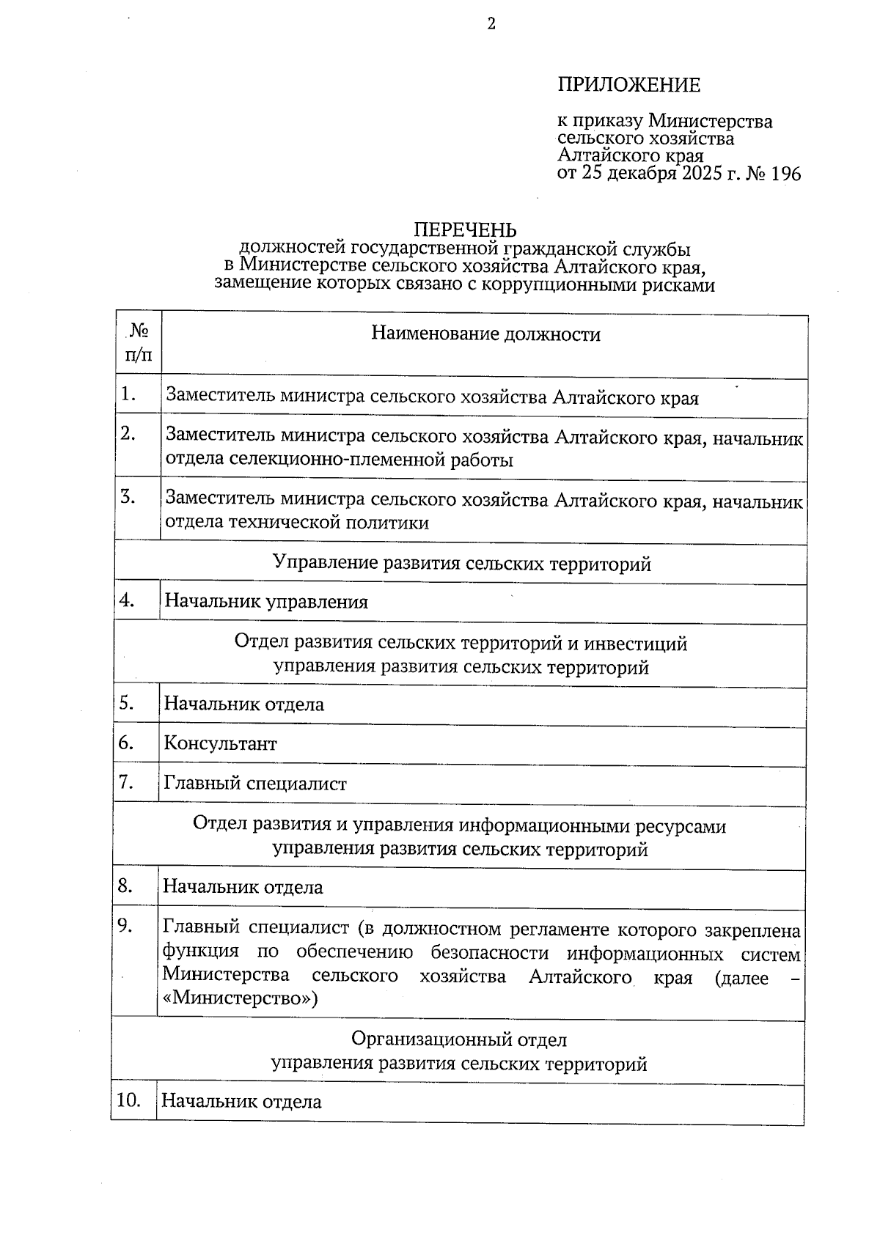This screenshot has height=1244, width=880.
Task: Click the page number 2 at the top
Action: click(491, 24)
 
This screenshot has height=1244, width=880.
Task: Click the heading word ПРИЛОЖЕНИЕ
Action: click(628, 85)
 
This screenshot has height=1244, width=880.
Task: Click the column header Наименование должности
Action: click(485, 334)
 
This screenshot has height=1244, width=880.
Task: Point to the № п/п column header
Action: click(139, 343)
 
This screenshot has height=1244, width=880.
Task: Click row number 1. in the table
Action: click(129, 394)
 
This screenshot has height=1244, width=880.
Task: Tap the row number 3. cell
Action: click(128, 497)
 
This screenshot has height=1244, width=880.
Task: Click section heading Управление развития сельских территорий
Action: click(462, 563)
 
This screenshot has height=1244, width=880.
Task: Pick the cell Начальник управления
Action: click(266, 602)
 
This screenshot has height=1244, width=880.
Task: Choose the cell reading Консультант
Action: click(220, 744)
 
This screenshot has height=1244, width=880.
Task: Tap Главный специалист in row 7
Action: click(255, 784)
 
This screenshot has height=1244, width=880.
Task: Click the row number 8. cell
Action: click(125, 886)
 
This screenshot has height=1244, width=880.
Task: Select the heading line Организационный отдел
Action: click(459, 1039)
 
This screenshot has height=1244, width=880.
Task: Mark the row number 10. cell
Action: click(128, 1100)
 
